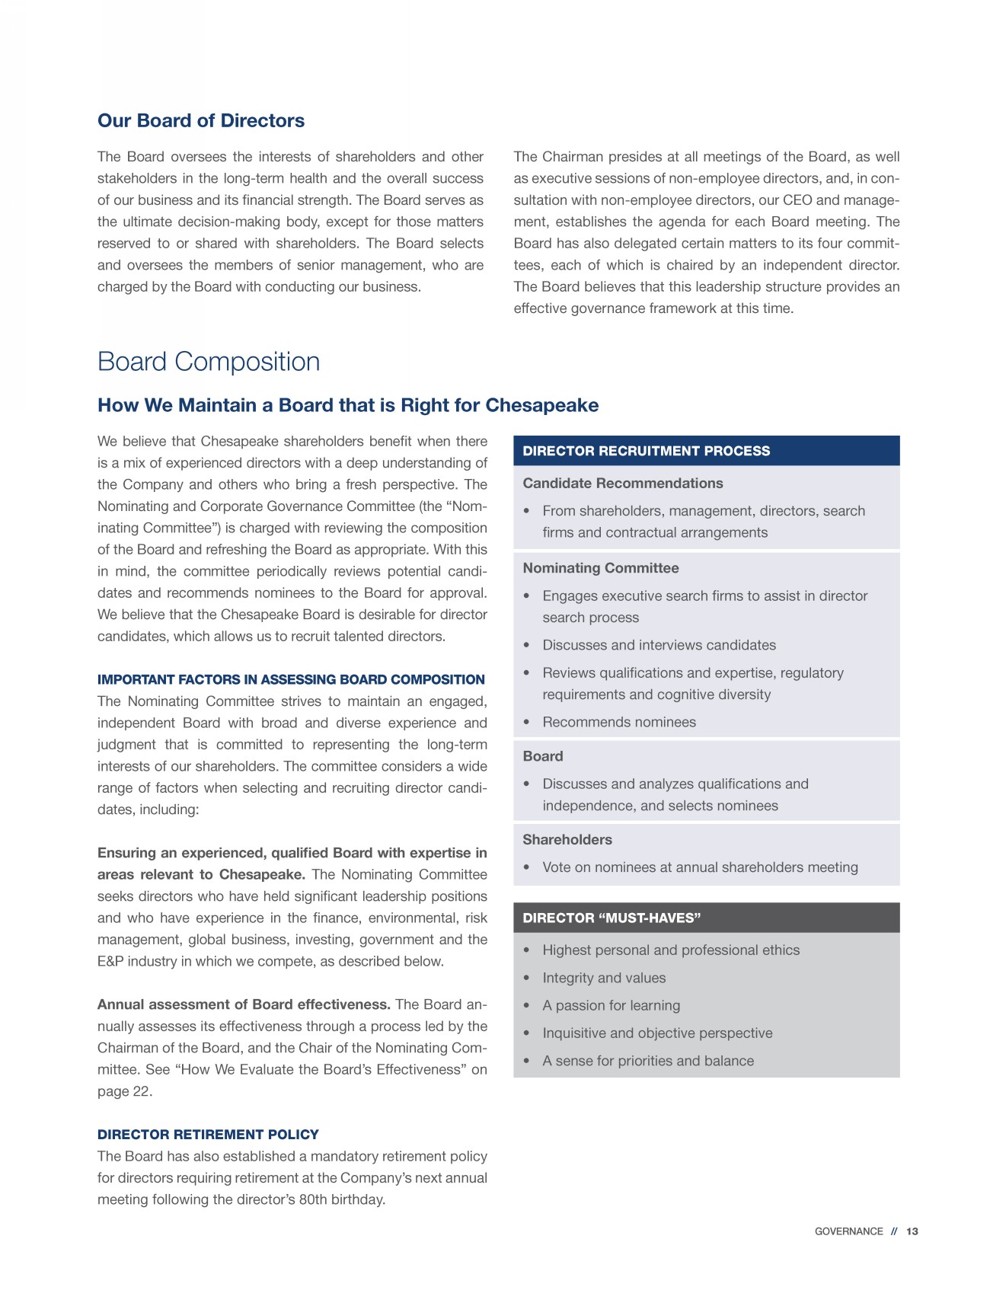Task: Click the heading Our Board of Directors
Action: (x=201, y=121)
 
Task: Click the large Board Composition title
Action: (x=209, y=362)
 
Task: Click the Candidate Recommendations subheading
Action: (x=622, y=484)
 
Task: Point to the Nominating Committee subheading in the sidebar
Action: (x=600, y=568)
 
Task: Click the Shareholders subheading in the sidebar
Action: (x=567, y=840)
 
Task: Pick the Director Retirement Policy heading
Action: (x=208, y=1135)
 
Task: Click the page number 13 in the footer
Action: (x=912, y=1231)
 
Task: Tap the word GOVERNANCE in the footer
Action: (x=848, y=1231)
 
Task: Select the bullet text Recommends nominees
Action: (x=618, y=722)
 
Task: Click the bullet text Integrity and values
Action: (x=603, y=978)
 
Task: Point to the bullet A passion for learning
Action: (x=611, y=1005)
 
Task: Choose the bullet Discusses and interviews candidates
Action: (x=659, y=645)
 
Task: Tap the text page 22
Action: (x=124, y=1091)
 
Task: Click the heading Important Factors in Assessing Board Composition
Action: (x=291, y=679)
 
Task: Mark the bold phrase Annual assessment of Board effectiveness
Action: (x=244, y=1004)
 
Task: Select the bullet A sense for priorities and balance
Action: (x=647, y=1061)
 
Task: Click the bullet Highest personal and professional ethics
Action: (x=670, y=950)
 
